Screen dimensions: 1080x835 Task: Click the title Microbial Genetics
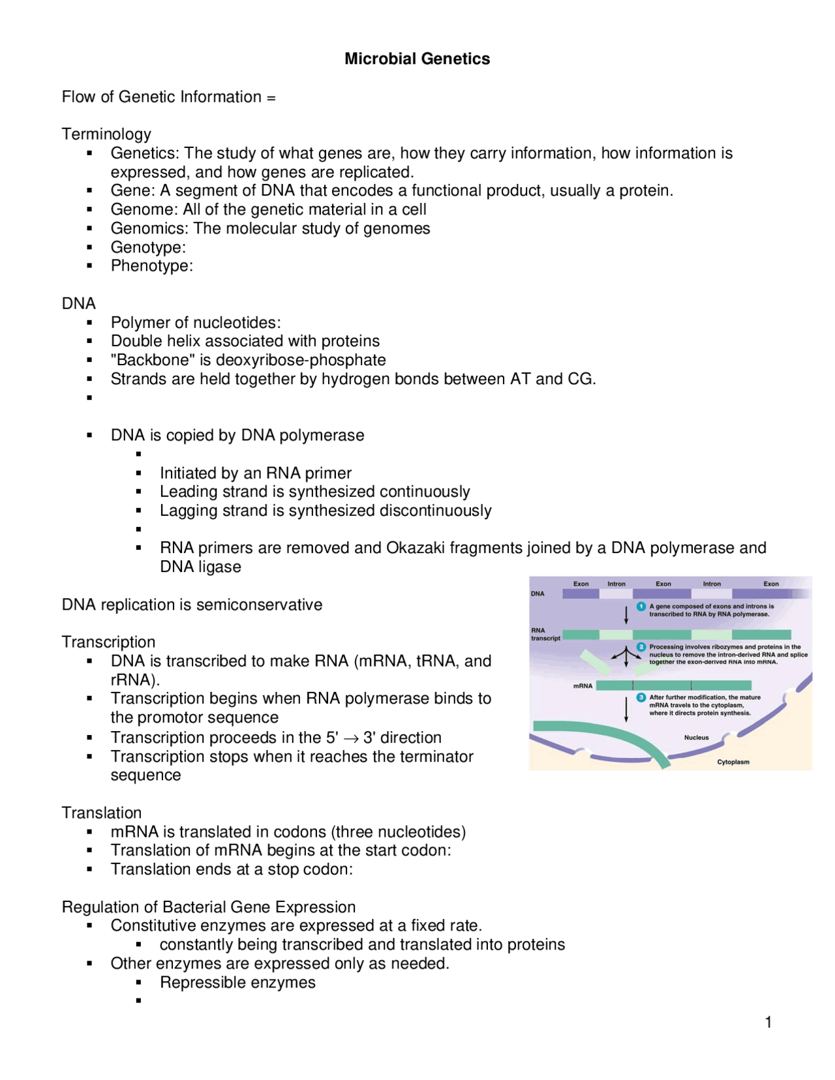(x=417, y=59)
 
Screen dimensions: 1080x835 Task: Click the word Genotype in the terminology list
(x=147, y=247)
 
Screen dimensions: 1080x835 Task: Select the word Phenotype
(x=150, y=266)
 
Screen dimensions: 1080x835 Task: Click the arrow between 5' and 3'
(x=351, y=738)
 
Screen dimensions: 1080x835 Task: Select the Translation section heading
(x=101, y=813)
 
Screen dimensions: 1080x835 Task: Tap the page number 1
(x=768, y=1022)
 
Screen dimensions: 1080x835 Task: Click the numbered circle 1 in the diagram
(x=641, y=607)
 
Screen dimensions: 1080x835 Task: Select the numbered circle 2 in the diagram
(x=641, y=647)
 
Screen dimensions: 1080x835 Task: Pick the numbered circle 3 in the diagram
(x=641, y=697)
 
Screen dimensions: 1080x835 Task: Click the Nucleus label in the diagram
(x=696, y=738)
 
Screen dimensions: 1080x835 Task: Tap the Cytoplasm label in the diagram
(x=733, y=762)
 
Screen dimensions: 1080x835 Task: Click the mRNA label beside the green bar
(x=583, y=685)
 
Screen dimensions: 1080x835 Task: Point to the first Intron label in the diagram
(x=616, y=584)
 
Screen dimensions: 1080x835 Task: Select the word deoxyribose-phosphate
(x=301, y=360)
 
